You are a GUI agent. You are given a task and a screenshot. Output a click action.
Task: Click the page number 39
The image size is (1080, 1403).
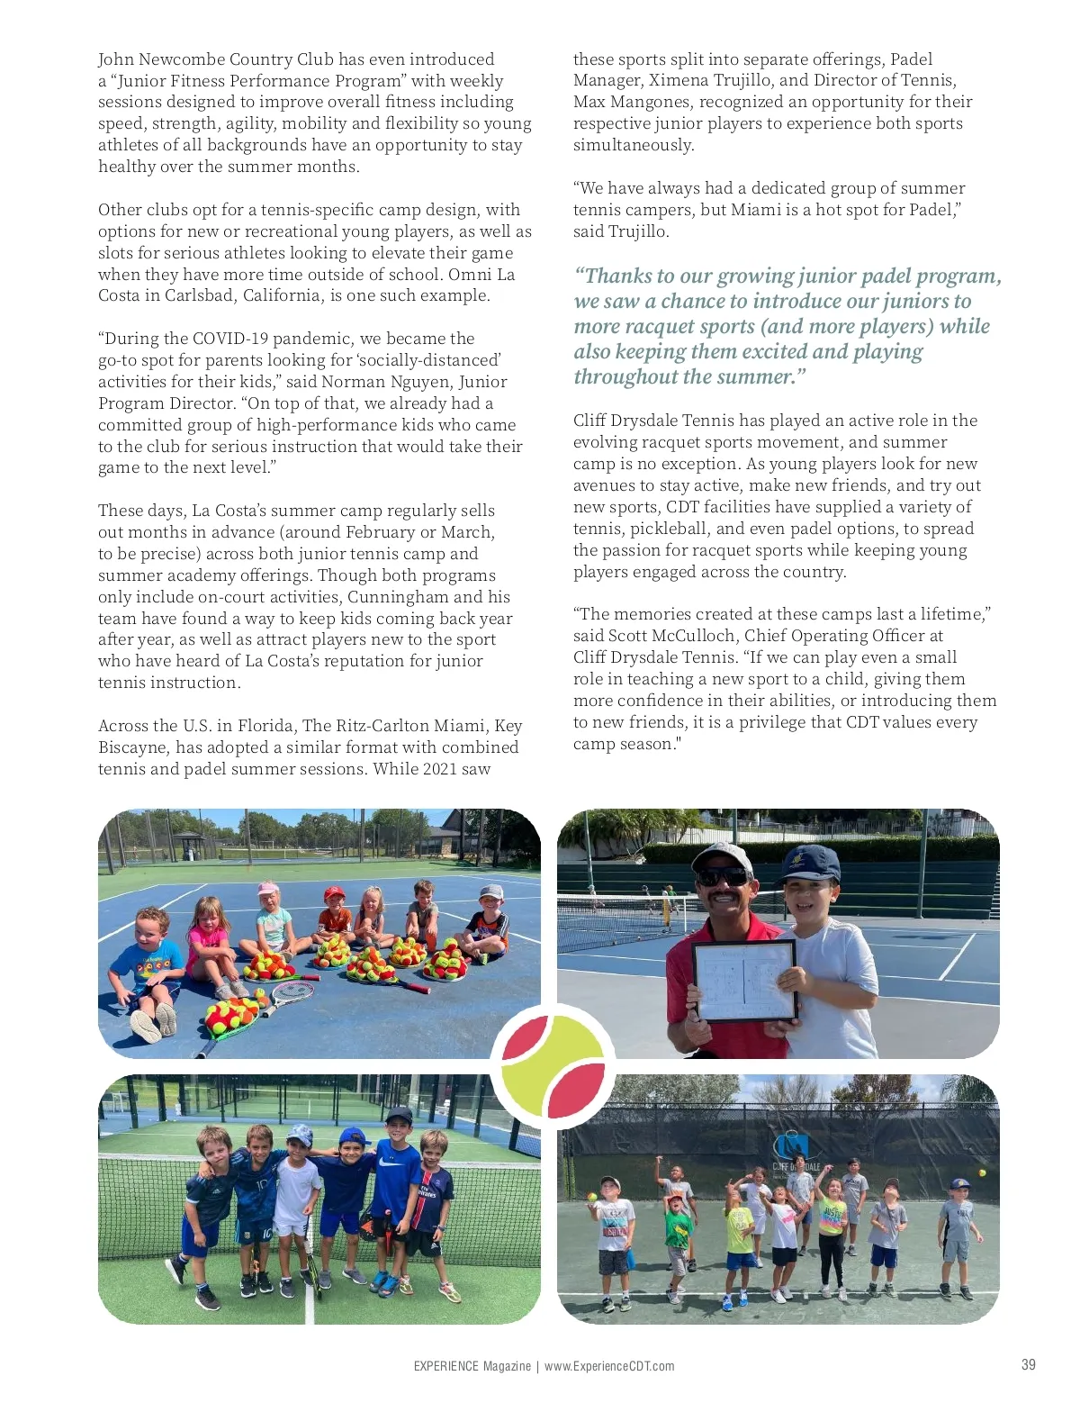click(1028, 1364)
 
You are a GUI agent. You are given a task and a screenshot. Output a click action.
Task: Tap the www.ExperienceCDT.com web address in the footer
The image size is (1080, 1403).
click(608, 1366)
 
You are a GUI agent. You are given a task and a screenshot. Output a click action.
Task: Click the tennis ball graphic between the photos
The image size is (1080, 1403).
click(553, 1066)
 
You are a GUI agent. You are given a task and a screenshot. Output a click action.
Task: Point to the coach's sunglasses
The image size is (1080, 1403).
click(724, 876)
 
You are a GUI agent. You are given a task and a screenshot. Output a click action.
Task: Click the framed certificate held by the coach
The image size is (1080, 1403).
click(744, 981)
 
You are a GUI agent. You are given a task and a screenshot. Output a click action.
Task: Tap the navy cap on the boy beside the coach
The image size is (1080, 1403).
click(809, 862)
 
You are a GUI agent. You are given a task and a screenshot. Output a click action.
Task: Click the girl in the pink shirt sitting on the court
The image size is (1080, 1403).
click(208, 941)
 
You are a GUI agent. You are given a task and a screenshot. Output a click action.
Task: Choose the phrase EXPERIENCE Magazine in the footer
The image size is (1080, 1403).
click(472, 1366)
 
